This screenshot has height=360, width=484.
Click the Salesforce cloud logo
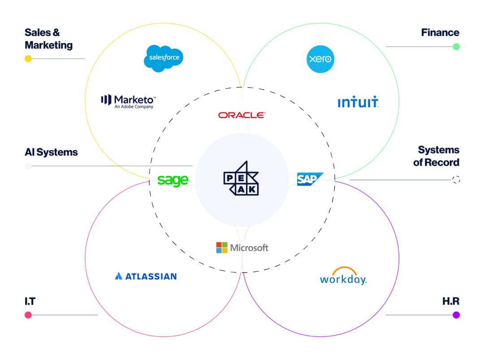pos(164,58)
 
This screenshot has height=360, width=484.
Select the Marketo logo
pos(128,101)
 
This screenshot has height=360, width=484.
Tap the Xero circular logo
pos(320,59)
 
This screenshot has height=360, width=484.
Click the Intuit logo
pos(358,103)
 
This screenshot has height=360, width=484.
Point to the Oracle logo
pos(242,115)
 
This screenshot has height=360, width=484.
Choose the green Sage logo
pos(173,180)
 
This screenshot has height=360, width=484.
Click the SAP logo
pos(310,179)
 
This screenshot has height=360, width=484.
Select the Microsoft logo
pos(242,248)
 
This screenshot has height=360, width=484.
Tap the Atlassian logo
pos(146,276)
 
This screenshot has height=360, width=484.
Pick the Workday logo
pos(343,277)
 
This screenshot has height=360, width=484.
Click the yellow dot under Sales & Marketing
pos(28,59)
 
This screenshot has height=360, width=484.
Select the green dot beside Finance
pos(456,47)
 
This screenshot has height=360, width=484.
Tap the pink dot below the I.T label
pos(28,315)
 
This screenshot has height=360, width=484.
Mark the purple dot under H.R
pos(456,315)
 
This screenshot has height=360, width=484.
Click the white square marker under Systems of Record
pos(456,180)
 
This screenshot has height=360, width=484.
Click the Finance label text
pos(440,33)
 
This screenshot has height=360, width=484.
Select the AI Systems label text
pos(51,152)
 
